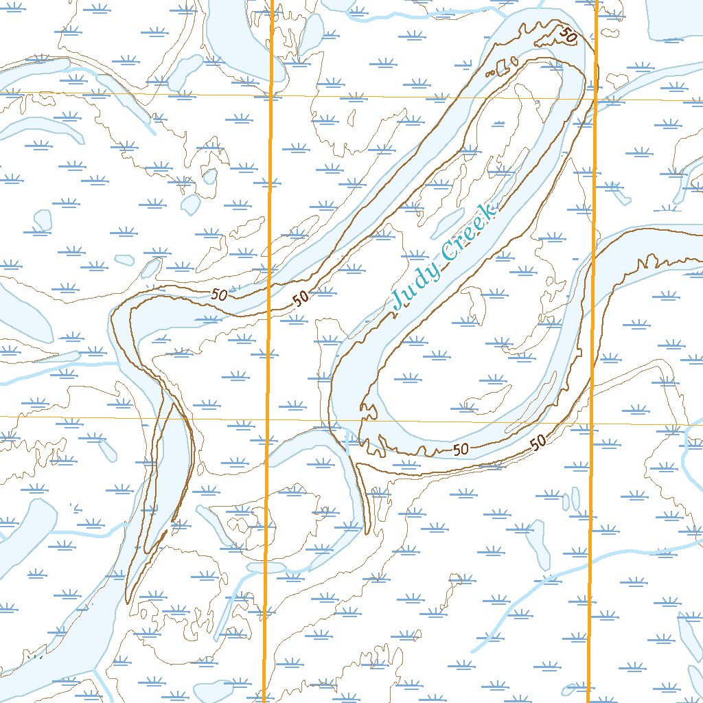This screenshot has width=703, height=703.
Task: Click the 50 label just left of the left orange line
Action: coord(220,295)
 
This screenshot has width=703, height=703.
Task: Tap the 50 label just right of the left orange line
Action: coord(300,298)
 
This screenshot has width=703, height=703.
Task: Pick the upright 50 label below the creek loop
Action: coord(461,449)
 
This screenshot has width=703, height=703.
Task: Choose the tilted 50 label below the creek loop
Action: coord(539,441)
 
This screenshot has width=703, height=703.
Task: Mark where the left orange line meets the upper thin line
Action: coord(270,95)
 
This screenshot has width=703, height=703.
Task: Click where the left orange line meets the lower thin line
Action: coord(267,418)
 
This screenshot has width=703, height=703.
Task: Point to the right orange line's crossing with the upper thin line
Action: coord(595,99)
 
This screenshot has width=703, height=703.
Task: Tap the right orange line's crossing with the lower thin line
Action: coord(591,423)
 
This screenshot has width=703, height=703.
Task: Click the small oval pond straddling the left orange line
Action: coord(267,567)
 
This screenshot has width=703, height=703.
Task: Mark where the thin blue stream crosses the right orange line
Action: coord(590,559)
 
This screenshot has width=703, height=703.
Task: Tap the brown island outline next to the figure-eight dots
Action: coord(506,66)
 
